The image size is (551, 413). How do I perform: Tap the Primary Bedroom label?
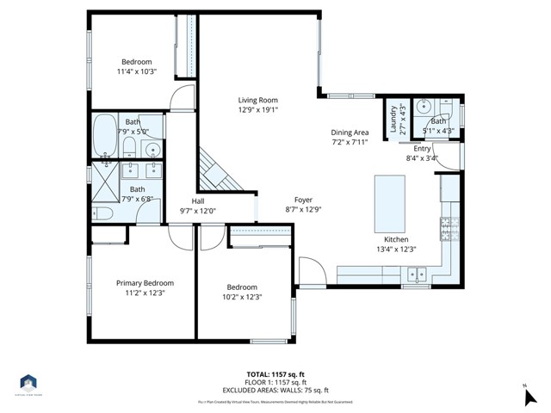(x=145, y=283)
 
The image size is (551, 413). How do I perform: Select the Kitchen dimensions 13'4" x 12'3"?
(x=396, y=250)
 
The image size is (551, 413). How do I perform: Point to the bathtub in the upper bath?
(x=109, y=133)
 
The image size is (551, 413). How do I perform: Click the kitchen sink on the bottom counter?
(x=416, y=275)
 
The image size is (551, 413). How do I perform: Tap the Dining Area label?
(x=350, y=133)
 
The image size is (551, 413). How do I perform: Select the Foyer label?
(x=302, y=199)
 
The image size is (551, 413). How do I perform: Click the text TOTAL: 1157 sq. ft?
(x=275, y=373)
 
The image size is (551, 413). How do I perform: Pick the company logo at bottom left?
(x=28, y=383)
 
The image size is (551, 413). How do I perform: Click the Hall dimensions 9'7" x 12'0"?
(x=197, y=211)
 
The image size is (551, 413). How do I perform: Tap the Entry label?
(x=422, y=148)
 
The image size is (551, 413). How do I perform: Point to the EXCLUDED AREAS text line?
(x=275, y=388)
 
